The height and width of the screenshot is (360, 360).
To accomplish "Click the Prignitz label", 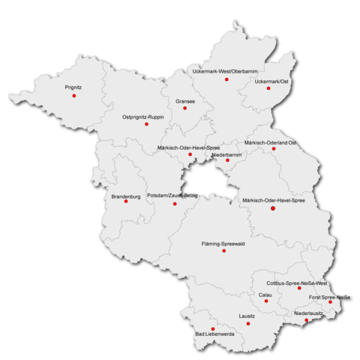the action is click(x=73, y=88).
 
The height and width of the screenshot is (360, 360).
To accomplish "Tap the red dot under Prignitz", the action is click(x=73, y=96).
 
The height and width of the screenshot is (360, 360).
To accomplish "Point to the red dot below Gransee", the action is click(x=184, y=108).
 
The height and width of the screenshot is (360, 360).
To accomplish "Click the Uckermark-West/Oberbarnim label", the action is click(x=226, y=70).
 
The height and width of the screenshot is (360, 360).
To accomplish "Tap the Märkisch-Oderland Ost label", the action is click(x=271, y=142).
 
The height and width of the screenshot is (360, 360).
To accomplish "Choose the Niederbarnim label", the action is click(x=226, y=154).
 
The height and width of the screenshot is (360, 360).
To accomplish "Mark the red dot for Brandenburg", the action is click(x=126, y=201).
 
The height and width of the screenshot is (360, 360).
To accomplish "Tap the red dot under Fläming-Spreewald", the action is click(x=223, y=251).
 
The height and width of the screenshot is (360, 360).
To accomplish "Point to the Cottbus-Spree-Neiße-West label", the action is click(x=298, y=283).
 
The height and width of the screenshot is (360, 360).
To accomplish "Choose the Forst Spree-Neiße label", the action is click(x=331, y=297).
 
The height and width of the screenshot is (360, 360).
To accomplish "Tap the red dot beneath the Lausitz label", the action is click(x=247, y=324).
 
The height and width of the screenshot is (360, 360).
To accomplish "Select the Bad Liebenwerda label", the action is click(x=214, y=335).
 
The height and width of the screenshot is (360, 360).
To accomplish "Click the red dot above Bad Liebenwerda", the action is click(x=213, y=328).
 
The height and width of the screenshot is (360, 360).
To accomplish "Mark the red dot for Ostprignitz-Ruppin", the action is click(x=146, y=124).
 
